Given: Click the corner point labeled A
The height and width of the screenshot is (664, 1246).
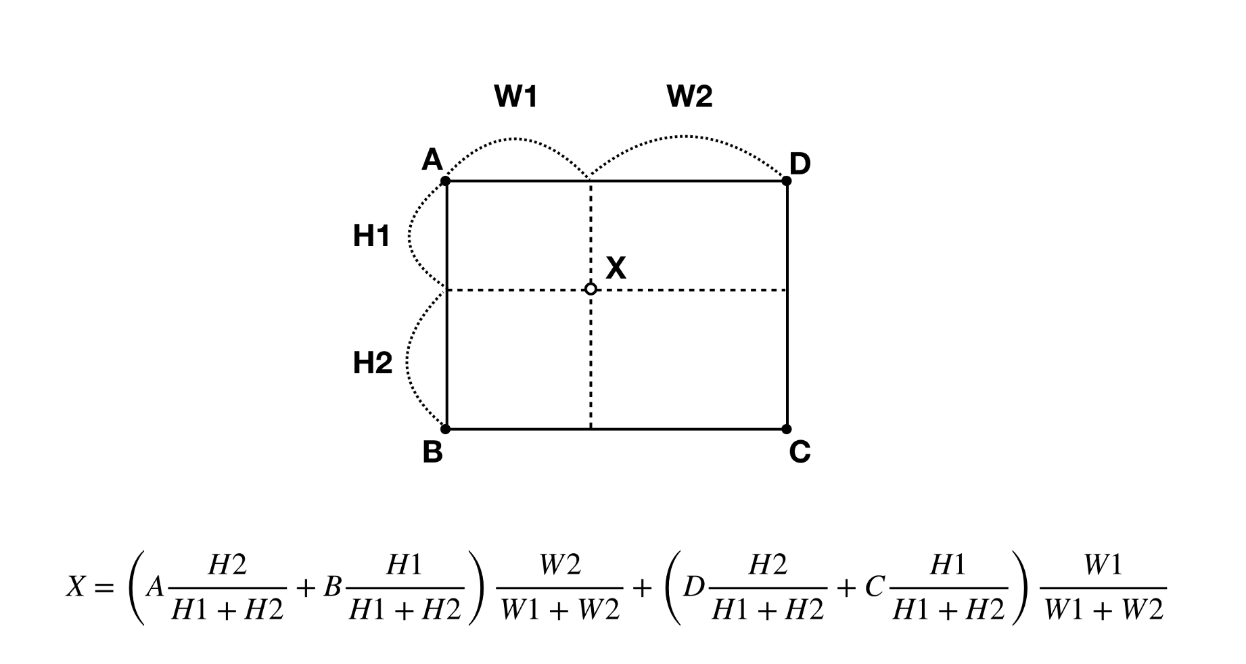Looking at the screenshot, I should coord(445,181).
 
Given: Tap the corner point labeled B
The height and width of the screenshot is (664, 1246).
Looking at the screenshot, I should coord(445,429).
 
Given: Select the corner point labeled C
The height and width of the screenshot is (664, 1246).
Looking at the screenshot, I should coord(786,429).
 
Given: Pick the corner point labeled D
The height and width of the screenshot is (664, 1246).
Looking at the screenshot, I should coord(787,181).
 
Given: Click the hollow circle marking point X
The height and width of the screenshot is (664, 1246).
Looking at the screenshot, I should coord(591,289).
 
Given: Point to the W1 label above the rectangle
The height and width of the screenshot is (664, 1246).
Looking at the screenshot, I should coord(515,97).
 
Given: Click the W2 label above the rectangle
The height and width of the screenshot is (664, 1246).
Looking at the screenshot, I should coord(689,97).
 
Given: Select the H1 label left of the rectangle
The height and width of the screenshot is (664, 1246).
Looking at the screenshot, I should coord(371,236).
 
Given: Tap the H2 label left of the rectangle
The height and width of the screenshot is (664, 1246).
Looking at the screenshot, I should coord(372,363).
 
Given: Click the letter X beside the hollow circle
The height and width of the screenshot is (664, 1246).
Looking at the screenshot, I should coord(616,268).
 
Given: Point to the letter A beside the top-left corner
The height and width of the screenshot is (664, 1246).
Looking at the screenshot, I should coord(432,160).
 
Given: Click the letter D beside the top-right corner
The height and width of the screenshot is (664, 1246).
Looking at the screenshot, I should coord(800,164).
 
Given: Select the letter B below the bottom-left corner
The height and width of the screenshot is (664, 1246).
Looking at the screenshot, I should coord(432,452).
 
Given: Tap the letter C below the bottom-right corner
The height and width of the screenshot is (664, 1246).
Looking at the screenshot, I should coord(800,452).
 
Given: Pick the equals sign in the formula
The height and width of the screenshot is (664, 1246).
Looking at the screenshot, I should coord(103,588).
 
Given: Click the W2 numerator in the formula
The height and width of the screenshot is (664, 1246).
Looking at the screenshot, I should coord(560,565).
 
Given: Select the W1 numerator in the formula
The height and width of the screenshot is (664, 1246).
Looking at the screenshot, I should coord(1103,565).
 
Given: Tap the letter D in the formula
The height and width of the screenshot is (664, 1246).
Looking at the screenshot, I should coord(694,588).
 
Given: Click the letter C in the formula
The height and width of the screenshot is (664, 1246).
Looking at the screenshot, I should coord(874,588).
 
